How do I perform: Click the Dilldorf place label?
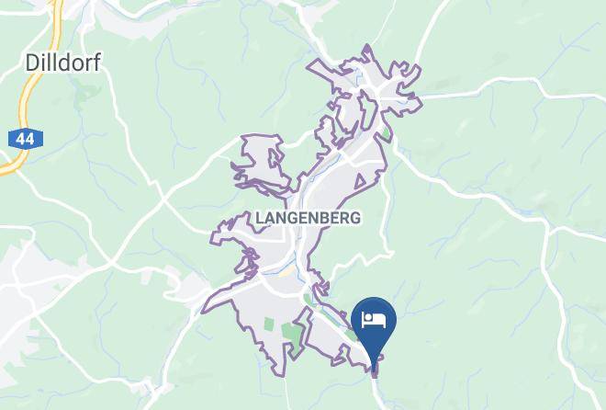[62, 63]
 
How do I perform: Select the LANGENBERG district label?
[308, 218]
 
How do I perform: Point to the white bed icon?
[374, 320]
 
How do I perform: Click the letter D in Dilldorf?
[30, 63]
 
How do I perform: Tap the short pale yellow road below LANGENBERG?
[287, 271]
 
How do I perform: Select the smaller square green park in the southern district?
[269, 324]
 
